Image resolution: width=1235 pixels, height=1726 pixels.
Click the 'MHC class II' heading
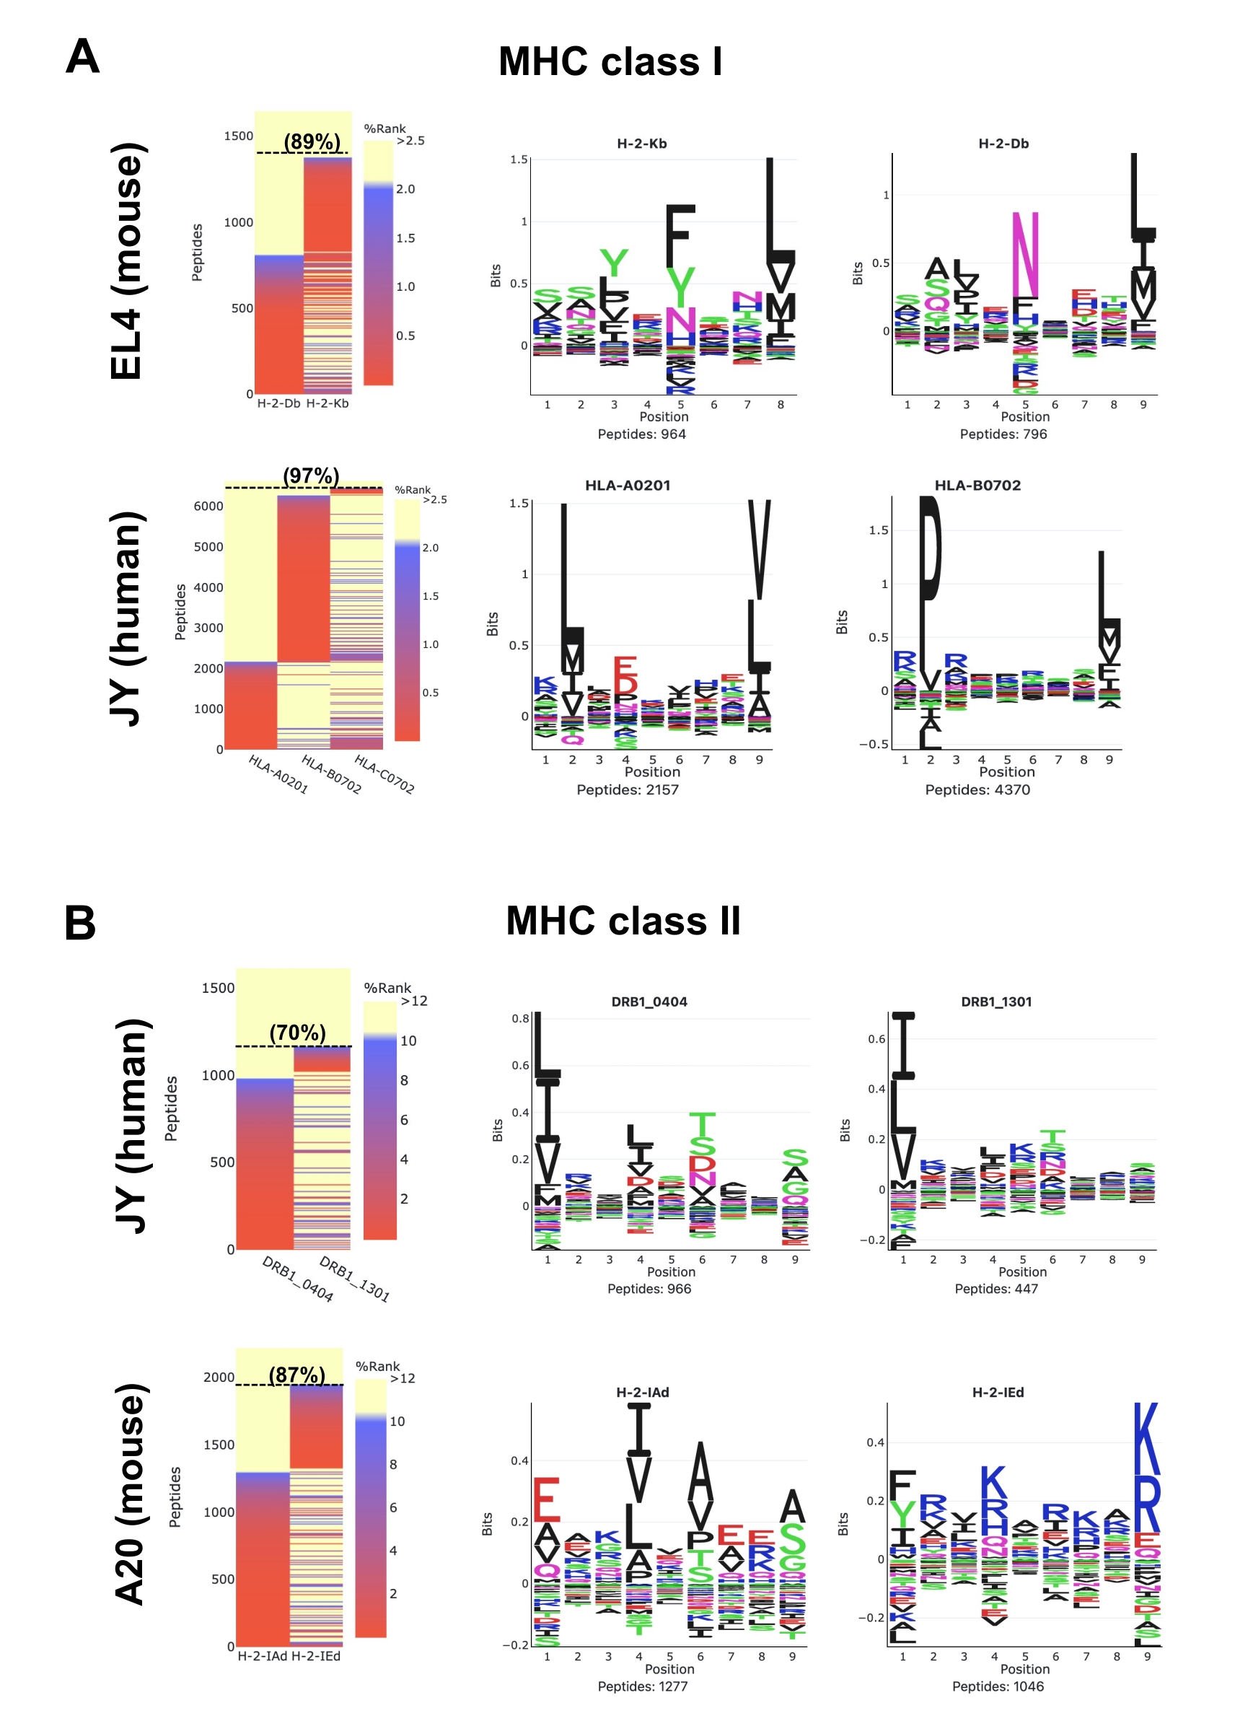click(623, 921)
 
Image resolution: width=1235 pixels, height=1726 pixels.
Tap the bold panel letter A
click(82, 56)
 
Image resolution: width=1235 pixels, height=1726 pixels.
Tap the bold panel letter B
click(80, 923)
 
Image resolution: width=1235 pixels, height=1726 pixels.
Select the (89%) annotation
click(312, 141)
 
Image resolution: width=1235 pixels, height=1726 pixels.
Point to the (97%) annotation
click(311, 476)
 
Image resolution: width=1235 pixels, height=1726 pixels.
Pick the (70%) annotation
click(297, 1033)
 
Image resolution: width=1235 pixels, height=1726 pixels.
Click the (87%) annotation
click(296, 1375)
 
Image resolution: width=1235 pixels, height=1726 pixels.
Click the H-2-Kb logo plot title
click(641, 144)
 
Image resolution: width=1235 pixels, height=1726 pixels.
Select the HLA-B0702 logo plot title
click(977, 486)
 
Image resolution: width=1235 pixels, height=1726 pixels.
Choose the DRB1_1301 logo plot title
click(996, 1002)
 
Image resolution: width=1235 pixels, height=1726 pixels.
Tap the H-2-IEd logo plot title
click(998, 1392)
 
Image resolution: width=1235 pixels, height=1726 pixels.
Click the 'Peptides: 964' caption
click(641, 434)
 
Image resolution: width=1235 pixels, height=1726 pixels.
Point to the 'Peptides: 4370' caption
click(977, 789)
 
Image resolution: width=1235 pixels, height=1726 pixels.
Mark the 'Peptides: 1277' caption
click(642, 1686)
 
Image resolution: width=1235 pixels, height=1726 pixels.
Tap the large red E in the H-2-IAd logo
click(546, 1499)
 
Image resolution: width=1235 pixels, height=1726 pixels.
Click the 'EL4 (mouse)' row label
click(126, 261)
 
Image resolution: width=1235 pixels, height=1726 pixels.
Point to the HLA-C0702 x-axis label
click(384, 774)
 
